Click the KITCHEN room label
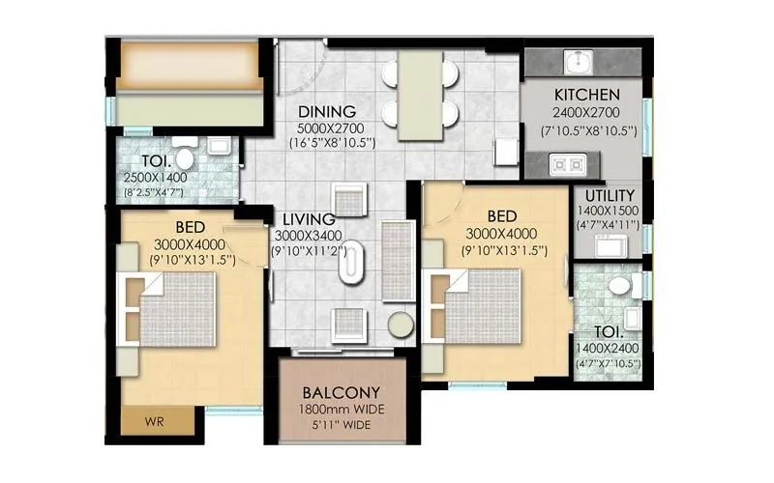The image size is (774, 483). [x=586, y=95]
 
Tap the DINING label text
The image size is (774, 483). [x=327, y=111]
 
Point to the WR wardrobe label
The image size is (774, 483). [x=153, y=423]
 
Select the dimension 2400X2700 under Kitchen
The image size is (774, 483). [x=586, y=111]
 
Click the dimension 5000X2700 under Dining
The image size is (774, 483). [x=327, y=128]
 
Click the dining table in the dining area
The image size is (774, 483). [x=420, y=89]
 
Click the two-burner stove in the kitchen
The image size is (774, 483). [x=566, y=165]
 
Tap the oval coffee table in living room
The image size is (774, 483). [x=352, y=264]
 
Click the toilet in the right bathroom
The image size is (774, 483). [x=619, y=286]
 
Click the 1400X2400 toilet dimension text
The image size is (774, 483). [x=607, y=349]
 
